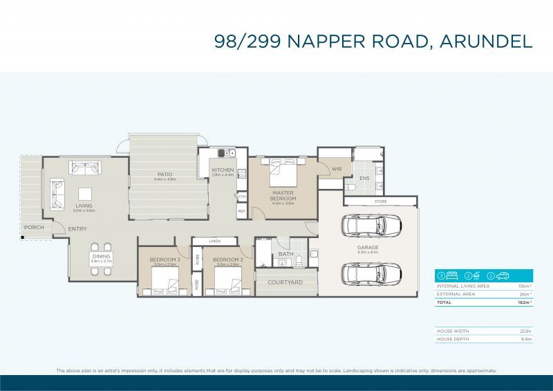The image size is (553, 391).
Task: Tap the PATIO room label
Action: pyautogui.click(x=165, y=174)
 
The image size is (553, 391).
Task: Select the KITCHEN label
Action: pyautogui.click(x=223, y=170)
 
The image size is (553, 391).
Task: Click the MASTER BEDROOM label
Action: pyautogui.click(x=283, y=195)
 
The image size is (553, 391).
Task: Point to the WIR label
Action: pyautogui.click(x=337, y=169)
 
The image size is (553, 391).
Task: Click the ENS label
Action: pyautogui.click(x=364, y=178)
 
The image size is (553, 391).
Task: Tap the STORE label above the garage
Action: pyautogui.click(x=380, y=201)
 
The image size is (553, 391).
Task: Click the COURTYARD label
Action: pyautogui.click(x=285, y=282)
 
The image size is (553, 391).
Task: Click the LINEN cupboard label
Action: pyautogui.click(x=214, y=241)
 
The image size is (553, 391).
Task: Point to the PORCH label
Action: pyautogui.click(x=34, y=227)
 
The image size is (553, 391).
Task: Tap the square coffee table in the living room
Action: pyautogui.click(x=84, y=194)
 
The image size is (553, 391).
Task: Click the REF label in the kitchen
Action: pyautogui.click(x=241, y=211)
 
